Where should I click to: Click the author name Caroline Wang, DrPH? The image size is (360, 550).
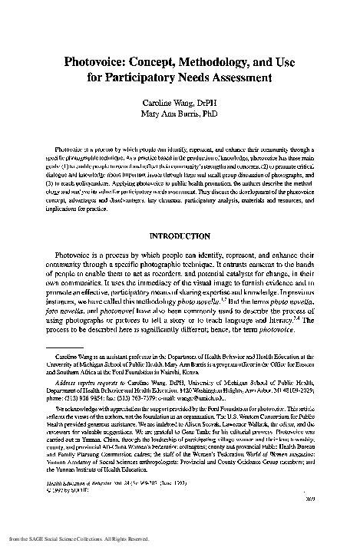[x=180, y=100]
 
